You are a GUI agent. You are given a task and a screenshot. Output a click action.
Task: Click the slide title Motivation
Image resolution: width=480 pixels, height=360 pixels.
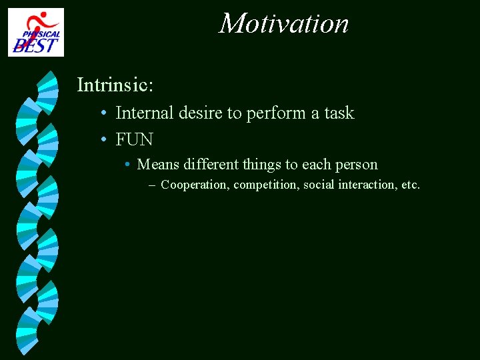tap(284, 24)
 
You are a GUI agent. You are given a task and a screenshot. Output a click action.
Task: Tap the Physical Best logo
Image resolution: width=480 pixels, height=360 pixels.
tap(36, 32)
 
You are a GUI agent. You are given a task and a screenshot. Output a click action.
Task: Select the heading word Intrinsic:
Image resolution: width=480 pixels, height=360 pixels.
tap(115, 85)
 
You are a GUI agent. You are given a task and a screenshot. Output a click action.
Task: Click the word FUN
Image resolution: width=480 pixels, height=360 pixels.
tap(134, 139)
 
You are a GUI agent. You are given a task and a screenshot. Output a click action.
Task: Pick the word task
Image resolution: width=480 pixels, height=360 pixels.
tap(339, 113)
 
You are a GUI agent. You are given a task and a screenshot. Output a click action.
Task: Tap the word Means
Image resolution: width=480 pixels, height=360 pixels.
tap(158, 165)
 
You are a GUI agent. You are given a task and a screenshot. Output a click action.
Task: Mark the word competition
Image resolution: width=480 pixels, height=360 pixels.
tap(267, 185)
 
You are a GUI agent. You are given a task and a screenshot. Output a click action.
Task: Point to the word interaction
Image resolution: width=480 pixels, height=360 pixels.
tap(368, 185)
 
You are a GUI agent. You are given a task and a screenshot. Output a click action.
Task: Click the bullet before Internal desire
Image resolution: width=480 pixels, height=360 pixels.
tap(104, 114)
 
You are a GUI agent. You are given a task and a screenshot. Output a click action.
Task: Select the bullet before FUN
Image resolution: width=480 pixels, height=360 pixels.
tap(104, 140)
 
